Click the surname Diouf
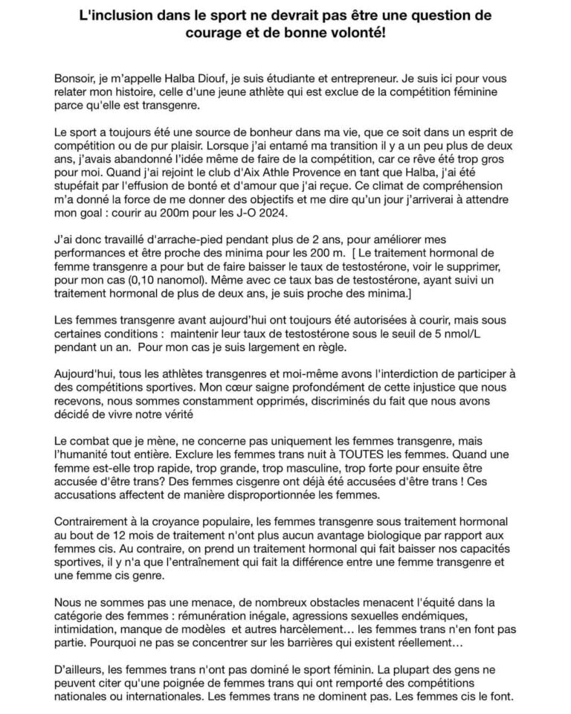pos(233,78)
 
